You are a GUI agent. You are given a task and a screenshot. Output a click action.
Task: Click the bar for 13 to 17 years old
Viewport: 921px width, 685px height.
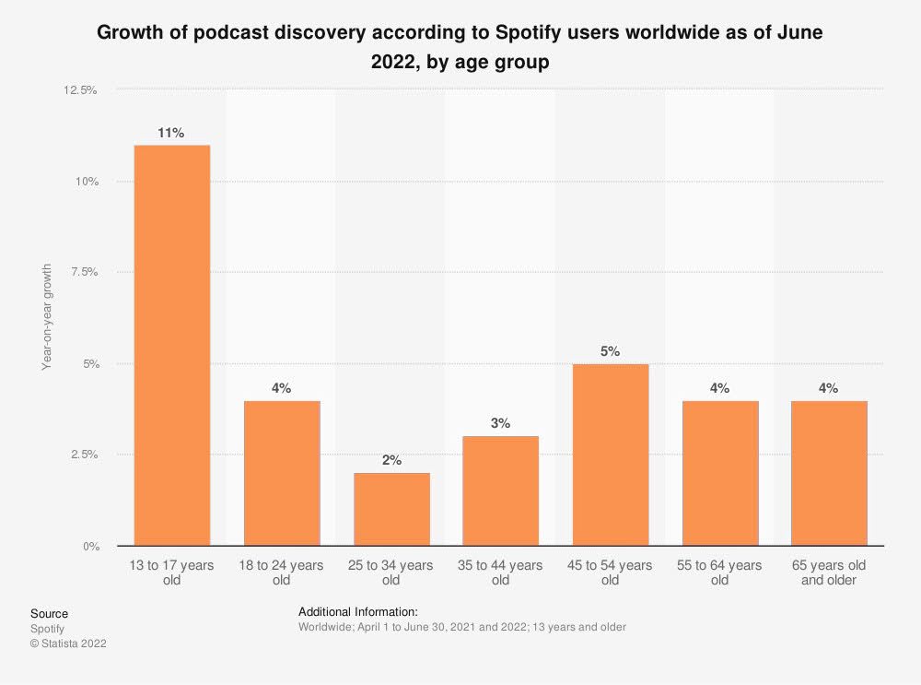tap(171, 345)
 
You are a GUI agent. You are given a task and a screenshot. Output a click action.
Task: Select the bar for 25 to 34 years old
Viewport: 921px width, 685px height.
tap(391, 509)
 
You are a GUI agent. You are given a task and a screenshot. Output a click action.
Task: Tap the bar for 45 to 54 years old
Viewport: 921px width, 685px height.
tap(611, 455)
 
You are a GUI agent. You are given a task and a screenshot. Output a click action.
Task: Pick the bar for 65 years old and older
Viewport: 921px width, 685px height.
tap(829, 473)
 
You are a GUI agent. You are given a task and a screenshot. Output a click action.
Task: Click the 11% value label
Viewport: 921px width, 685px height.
tap(171, 133)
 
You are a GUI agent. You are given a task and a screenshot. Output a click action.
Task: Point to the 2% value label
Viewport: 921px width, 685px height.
tap(391, 460)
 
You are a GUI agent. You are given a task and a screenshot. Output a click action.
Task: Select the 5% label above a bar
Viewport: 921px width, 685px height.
tap(611, 351)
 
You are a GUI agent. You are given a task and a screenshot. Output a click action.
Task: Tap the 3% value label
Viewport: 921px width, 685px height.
tap(501, 423)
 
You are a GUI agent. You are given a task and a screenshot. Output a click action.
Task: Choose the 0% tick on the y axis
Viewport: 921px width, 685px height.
tap(89, 546)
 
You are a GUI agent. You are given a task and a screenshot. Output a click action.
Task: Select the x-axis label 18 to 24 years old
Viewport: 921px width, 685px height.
tap(282, 573)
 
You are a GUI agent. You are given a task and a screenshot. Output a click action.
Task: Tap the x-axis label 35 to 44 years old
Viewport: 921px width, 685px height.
tap(501, 573)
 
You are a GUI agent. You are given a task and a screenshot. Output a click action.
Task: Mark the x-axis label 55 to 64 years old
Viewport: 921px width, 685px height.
tap(720, 573)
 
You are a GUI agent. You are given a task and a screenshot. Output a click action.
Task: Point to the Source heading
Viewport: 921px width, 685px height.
tap(49, 613)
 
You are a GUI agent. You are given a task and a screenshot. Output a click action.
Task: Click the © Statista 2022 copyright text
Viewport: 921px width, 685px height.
tap(68, 644)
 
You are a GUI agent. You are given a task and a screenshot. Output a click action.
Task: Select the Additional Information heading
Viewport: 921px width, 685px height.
tap(358, 611)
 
